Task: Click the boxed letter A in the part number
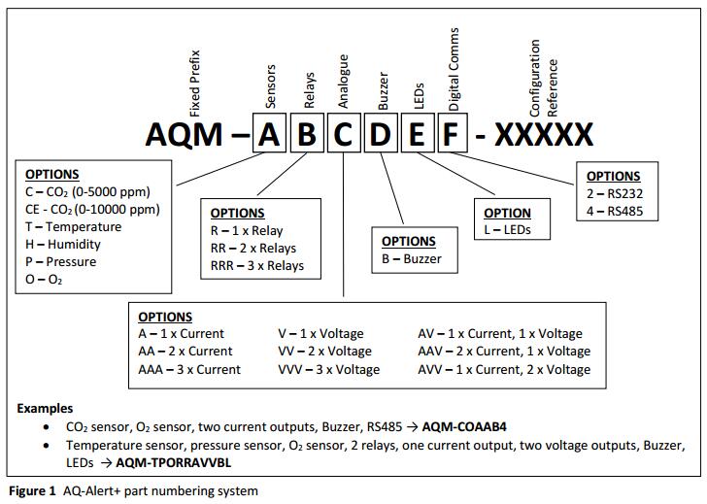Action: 270,135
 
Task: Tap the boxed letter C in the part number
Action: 343,135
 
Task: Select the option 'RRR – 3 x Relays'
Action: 257,266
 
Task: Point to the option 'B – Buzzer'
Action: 412,259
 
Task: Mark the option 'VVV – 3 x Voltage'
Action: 329,370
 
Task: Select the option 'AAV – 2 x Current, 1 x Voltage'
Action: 503,352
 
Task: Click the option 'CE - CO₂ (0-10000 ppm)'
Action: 92,210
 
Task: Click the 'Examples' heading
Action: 45,409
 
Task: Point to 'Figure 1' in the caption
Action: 32,491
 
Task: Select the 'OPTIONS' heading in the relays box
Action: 237,214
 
